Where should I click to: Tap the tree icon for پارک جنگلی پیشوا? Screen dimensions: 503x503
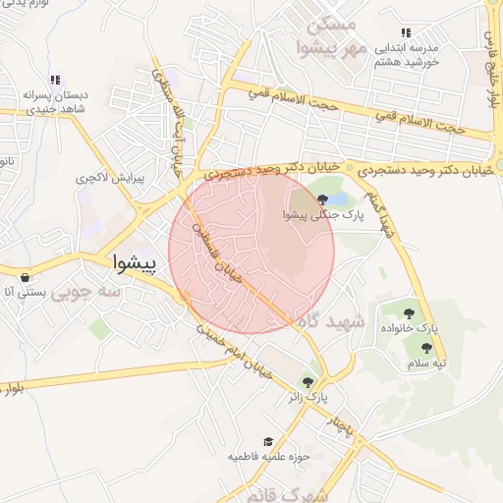(322, 199)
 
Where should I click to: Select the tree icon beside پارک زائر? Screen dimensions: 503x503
(308, 382)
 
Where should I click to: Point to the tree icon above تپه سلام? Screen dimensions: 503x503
(426, 348)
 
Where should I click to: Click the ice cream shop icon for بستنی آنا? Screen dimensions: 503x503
(24, 277)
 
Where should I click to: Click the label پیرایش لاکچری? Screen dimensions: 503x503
(111, 181)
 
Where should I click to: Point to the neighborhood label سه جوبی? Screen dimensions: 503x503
(85, 292)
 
